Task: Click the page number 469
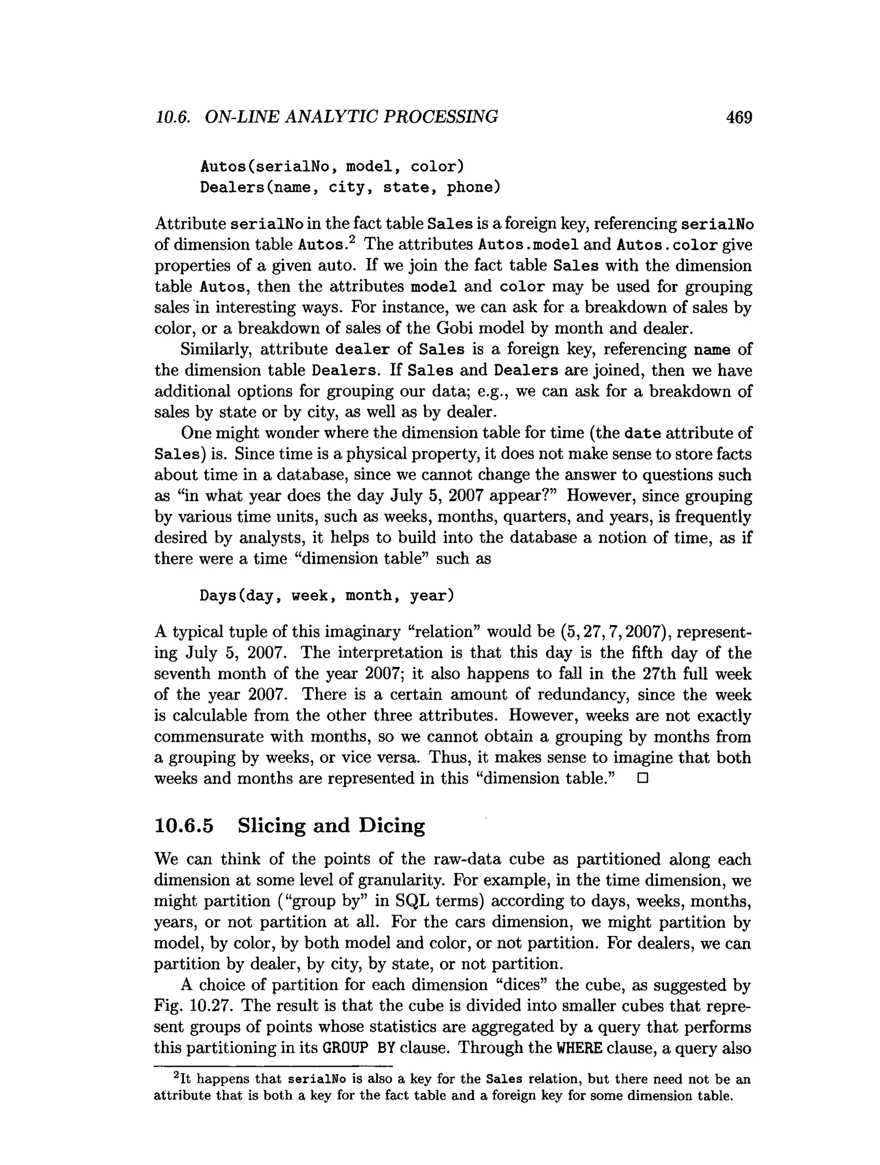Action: click(738, 117)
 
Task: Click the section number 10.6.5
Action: click(184, 825)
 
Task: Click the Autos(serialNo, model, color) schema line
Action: click(332, 167)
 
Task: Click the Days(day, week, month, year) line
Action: click(327, 596)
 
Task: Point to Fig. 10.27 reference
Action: click(193, 1006)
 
